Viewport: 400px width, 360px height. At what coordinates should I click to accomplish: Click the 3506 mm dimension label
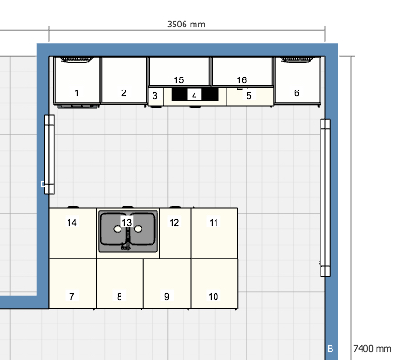coord(186,25)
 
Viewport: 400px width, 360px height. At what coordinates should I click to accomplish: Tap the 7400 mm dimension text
coord(373,348)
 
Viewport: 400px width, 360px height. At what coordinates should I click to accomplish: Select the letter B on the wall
coord(331,349)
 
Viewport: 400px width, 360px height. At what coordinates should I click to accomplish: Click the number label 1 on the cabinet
coord(77,92)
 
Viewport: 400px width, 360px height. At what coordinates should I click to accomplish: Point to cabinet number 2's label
coord(124,92)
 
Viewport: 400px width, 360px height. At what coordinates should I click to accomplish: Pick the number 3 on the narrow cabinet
coord(155,96)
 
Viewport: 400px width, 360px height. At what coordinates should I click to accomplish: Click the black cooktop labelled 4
coord(195,94)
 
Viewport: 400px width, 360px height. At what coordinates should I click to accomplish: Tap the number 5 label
coord(249,96)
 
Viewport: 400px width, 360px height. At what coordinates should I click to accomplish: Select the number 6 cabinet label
coord(297,92)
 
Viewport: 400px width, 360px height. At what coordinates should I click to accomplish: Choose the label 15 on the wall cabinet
coord(179,79)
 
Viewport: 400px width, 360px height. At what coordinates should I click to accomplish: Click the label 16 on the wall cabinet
coord(242,79)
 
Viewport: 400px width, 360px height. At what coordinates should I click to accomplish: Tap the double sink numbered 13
coord(128,231)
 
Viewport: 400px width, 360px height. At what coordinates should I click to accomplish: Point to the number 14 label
coord(72,223)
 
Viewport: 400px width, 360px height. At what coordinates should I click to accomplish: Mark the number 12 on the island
coord(174,223)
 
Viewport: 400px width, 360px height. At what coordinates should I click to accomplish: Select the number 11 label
coord(214,223)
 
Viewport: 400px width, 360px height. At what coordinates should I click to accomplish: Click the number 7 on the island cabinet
coord(72,296)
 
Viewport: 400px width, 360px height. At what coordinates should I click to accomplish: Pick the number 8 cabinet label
coord(120,296)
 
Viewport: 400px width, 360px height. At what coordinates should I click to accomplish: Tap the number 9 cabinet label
coord(167,296)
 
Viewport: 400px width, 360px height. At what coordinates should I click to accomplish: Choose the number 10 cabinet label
coord(214,296)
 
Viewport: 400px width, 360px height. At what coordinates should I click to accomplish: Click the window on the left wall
coord(49,154)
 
